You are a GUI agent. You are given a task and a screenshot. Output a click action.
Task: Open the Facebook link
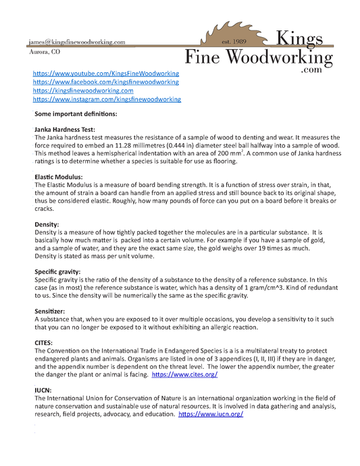coord(106,81)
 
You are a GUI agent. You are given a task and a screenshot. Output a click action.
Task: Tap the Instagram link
coord(107,99)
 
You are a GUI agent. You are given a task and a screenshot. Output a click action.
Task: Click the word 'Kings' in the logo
coord(302,38)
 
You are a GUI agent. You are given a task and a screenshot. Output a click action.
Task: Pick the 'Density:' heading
coord(47,224)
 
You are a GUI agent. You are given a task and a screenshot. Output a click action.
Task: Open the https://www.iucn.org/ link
coord(211,414)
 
